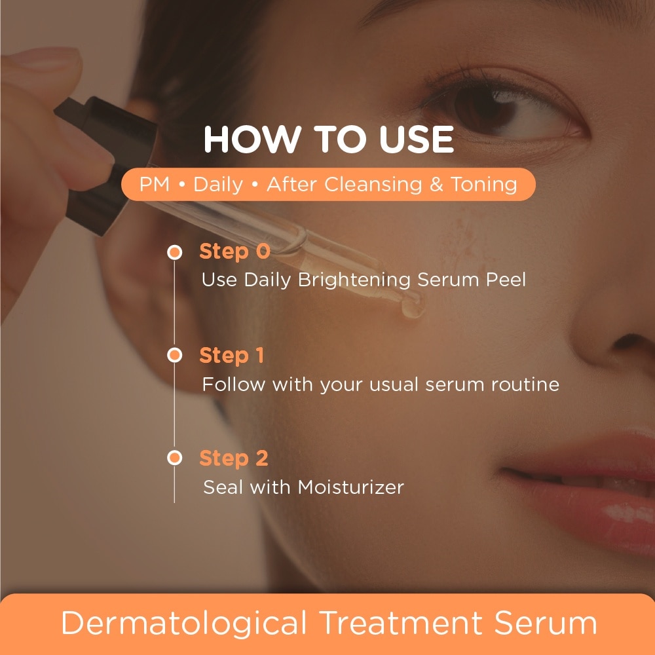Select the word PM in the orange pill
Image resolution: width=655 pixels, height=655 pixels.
pyautogui.click(x=154, y=184)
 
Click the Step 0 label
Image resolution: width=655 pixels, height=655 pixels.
pyautogui.click(x=234, y=252)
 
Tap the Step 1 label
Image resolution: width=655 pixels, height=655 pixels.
pyautogui.click(x=232, y=356)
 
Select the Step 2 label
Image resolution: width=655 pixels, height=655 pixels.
pyautogui.click(x=234, y=458)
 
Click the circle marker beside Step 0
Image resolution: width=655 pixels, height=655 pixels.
pyautogui.click(x=175, y=252)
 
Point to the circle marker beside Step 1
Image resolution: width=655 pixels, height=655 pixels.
pyautogui.click(x=175, y=355)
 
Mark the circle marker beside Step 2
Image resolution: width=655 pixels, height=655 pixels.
pyautogui.click(x=175, y=457)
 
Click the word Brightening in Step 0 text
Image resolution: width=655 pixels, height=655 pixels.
pyautogui.click(x=354, y=280)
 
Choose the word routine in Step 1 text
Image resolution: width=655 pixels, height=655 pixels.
pyautogui.click(x=525, y=384)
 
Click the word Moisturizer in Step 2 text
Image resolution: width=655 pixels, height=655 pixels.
pyautogui.click(x=351, y=487)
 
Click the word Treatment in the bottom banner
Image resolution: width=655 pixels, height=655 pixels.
pyautogui.click(x=401, y=622)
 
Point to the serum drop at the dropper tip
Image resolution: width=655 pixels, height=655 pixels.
pyautogui.click(x=412, y=309)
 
